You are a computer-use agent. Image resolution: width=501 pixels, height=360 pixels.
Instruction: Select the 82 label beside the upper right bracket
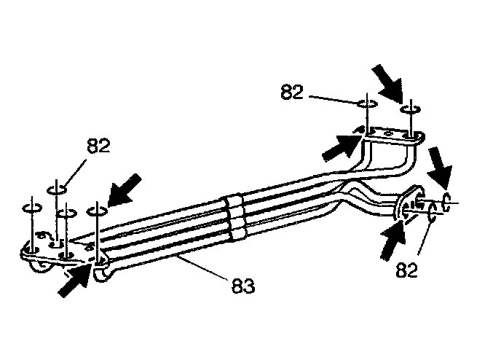point(292,93)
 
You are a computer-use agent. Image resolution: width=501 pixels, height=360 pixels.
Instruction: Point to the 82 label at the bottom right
point(409,270)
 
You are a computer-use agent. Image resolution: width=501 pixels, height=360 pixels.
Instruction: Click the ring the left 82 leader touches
point(58,190)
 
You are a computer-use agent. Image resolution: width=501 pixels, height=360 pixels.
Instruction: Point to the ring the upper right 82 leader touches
point(368,103)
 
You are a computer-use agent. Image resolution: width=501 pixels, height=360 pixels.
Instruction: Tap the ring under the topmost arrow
point(410,109)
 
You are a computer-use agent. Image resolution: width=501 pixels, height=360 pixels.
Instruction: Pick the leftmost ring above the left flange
point(30,207)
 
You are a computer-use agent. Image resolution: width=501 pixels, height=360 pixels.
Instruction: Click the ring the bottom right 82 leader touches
point(433,211)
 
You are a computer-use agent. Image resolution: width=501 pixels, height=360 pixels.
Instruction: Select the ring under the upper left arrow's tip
point(97,211)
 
